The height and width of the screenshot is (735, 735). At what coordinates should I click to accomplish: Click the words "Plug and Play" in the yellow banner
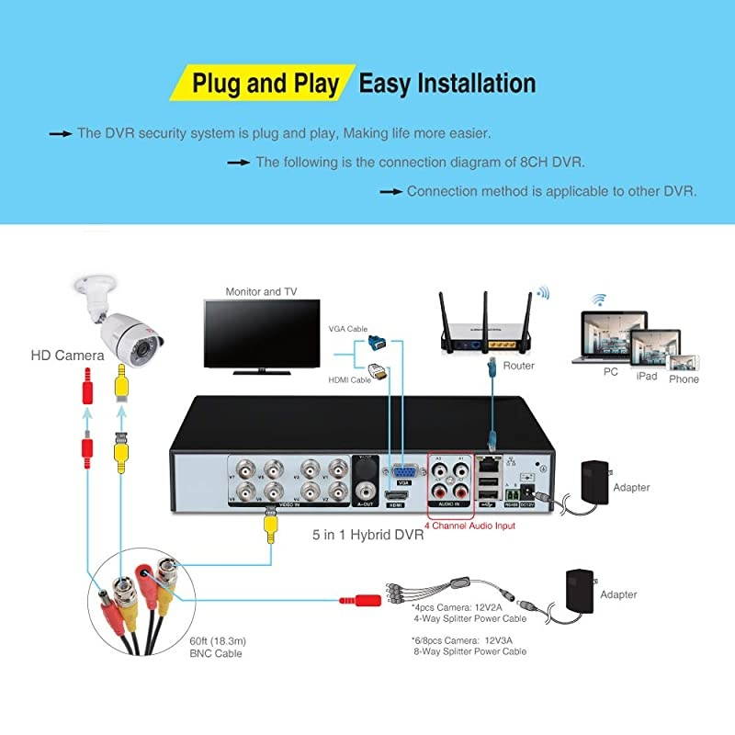(x=266, y=83)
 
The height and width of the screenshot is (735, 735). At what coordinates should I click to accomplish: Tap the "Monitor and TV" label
(x=261, y=292)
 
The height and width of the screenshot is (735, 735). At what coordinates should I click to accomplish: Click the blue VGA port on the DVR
(x=401, y=469)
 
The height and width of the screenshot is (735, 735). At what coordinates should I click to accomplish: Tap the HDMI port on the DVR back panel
(x=397, y=495)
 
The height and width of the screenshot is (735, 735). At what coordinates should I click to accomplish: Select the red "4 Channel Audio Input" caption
(x=469, y=526)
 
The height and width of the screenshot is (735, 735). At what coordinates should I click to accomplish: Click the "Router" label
(x=519, y=366)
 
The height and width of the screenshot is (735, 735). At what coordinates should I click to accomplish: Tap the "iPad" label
(x=647, y=376)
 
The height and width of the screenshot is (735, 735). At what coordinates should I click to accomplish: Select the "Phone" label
(x=684, y=379)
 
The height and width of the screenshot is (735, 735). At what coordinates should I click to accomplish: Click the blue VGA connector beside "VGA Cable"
(x=375, y=341)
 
